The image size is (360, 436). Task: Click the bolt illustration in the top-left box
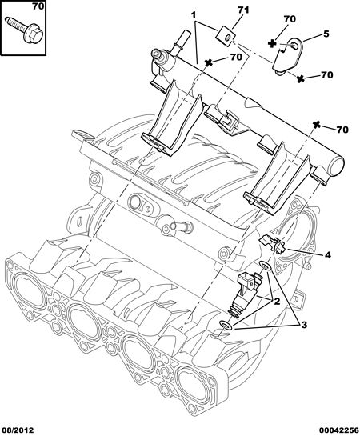click(24, 30)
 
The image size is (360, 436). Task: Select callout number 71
click(243, 10)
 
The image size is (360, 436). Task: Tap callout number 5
click(326, 34)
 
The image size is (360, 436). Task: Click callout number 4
click(328, 254)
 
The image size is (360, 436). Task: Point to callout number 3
click(303, 325)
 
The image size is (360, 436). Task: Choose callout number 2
click(277, 301)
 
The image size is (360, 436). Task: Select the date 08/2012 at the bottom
click(18, 430)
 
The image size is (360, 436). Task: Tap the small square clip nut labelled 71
click(226, 37)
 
